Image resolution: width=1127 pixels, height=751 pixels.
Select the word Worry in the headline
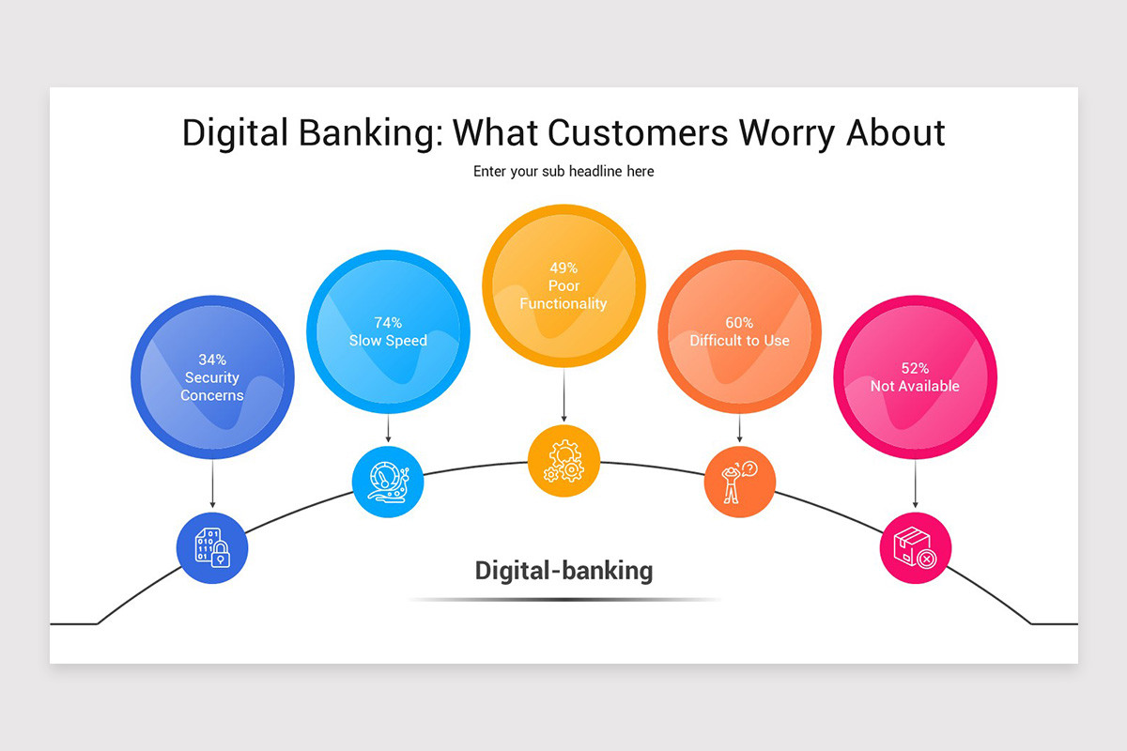[x=787, y=132]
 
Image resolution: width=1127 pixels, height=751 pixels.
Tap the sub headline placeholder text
[x=563, y=172]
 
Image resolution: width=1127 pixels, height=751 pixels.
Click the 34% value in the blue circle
[x=212, y=359]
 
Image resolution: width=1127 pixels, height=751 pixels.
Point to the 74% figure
[x=388, y=323]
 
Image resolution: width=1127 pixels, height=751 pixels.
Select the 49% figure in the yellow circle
[x=563, y=268]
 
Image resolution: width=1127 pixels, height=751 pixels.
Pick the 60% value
[x=739, y=323]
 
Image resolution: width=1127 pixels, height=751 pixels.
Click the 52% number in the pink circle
[x=915, y=368]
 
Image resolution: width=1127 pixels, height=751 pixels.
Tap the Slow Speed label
[x=388, y=341]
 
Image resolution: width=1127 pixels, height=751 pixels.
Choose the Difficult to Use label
[x=739, y=341]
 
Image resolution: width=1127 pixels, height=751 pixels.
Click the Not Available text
[x=915, y=386]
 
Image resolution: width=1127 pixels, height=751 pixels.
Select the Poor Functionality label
[x=563, y=295]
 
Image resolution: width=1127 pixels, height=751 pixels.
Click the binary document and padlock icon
[x=212, y=547]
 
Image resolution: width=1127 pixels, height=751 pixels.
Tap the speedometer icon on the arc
[x=388, y=483]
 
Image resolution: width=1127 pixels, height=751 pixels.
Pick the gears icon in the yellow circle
[x=563, y=461]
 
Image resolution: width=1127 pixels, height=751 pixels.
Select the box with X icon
[x=915, y=547]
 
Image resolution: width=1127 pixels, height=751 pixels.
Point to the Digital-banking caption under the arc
[x=563, y=570]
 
